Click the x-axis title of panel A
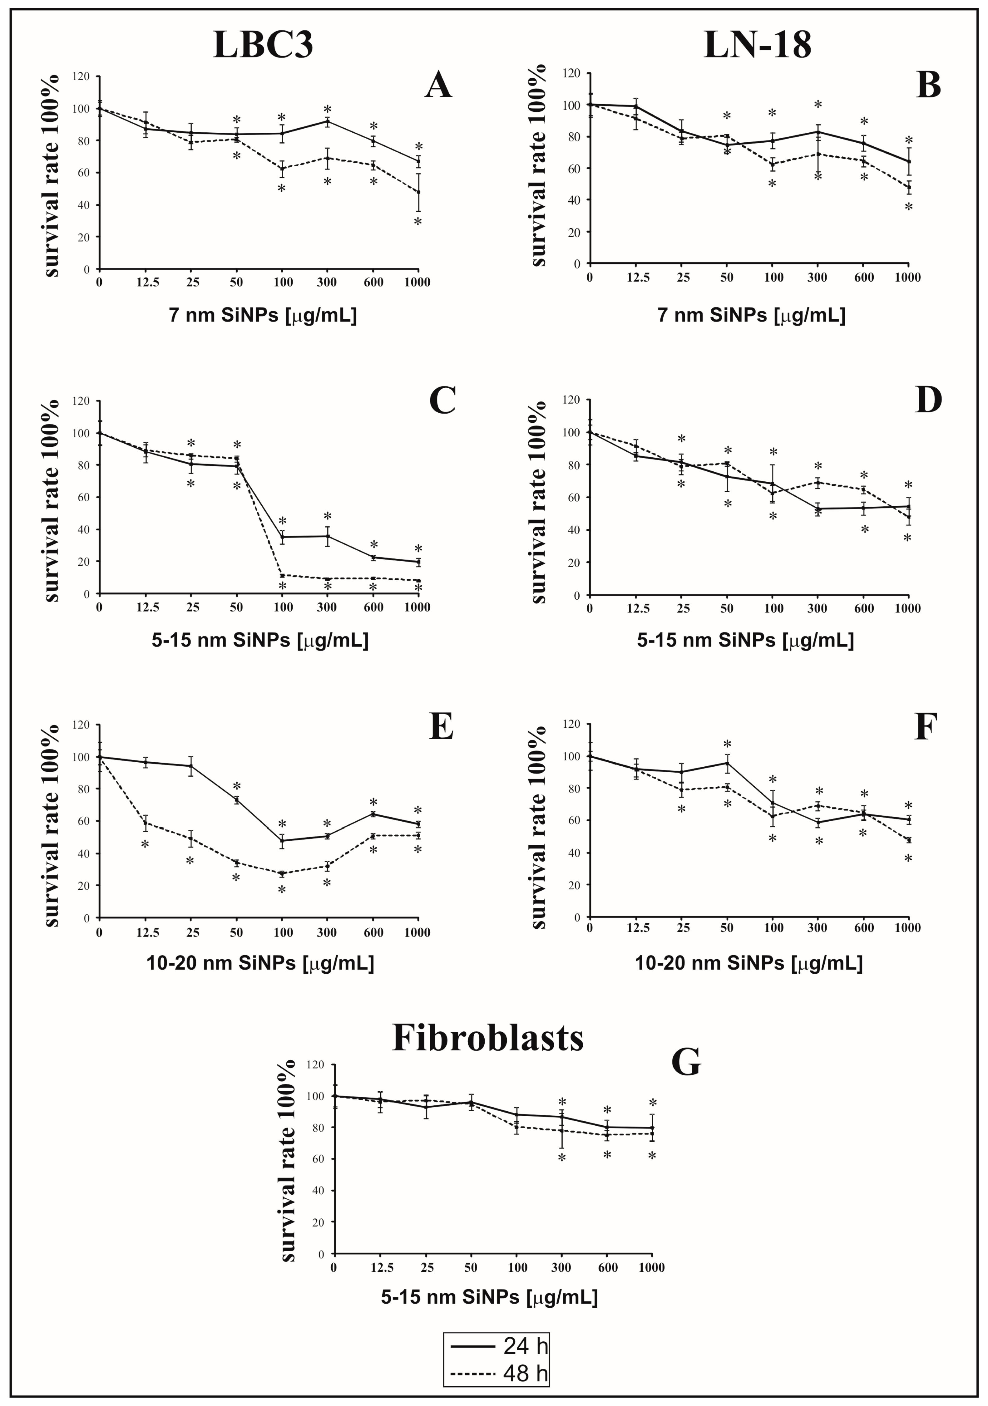(x=263, y=315)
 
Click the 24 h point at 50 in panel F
(x=727, y=762)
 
